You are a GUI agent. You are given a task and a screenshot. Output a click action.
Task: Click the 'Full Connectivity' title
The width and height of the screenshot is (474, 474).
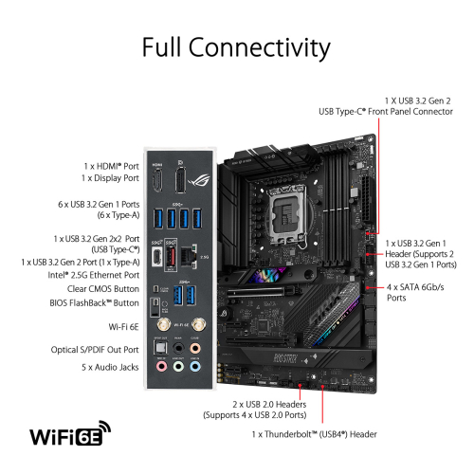236,46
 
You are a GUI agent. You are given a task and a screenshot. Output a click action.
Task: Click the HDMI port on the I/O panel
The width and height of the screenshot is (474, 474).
157,176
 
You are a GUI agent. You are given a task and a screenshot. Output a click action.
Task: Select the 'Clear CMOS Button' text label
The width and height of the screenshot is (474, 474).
92,287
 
